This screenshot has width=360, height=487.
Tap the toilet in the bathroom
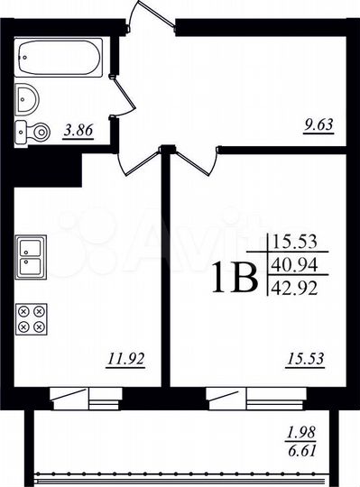34,132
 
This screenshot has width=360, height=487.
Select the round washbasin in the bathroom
28,96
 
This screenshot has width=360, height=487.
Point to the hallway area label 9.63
318,127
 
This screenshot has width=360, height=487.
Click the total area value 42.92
299,288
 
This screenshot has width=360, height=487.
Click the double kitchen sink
32,256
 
